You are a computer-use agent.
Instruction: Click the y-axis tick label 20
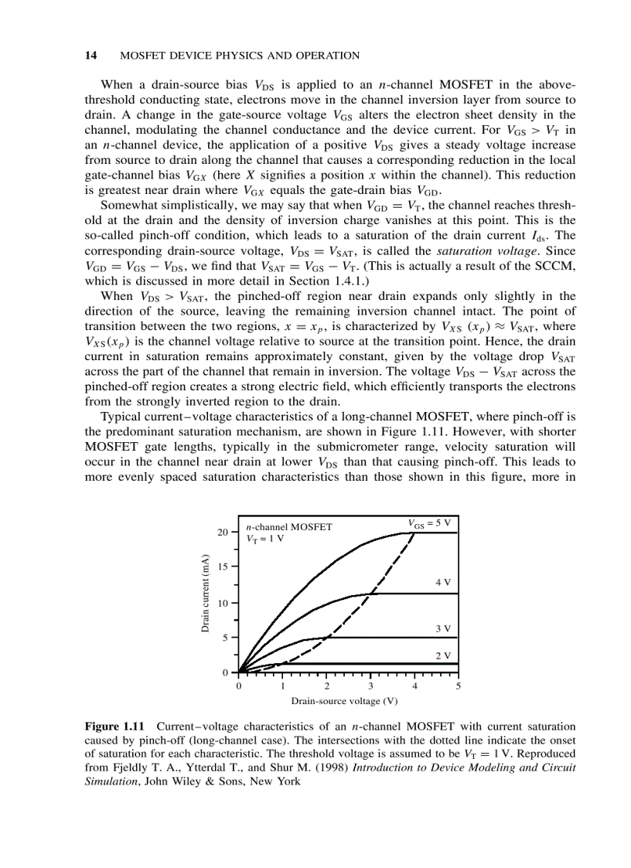pos(223,533)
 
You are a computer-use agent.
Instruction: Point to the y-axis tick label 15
pos(223,567)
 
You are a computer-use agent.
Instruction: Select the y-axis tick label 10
pos(223,603)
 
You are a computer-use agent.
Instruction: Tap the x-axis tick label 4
pos(414,686)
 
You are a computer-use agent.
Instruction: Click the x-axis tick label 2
pos(326,686)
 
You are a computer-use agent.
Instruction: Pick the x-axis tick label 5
pos(459,686)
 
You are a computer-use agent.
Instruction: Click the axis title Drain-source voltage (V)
pos(344,701)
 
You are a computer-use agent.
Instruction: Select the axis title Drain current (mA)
pos(206,594)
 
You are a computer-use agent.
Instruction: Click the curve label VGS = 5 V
pos(428,523)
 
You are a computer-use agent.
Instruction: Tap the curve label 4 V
pos(442,582)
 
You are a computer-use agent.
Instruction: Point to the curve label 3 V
pos(442,628)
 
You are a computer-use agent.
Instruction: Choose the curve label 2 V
pos(442,655)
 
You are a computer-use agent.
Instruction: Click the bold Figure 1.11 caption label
pos(117,727)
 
